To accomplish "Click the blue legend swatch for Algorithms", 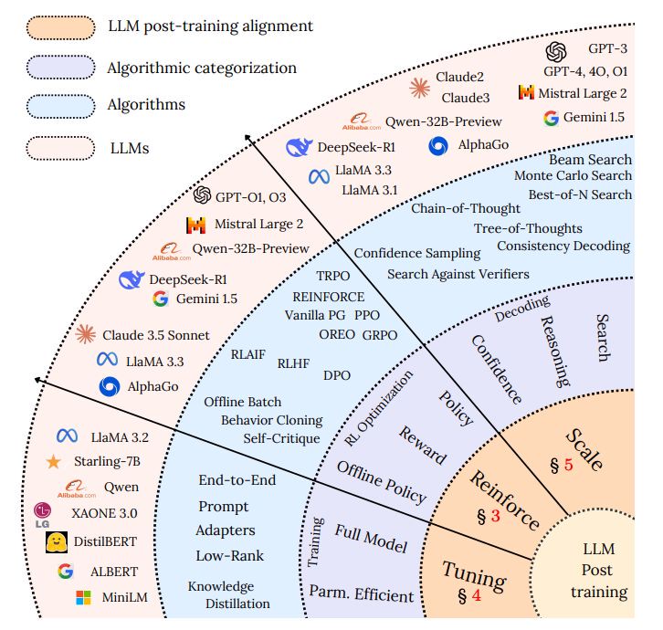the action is click(60, 106).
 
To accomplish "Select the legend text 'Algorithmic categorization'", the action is click(202, 68).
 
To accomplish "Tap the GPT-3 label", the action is click(607, 48).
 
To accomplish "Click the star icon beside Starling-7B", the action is click(53, 462).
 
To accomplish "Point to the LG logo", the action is click(42, 515).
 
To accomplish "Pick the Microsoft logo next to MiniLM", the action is click(83, 597).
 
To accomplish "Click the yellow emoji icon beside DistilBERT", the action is click(57, 542).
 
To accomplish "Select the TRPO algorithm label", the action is click(333, 276).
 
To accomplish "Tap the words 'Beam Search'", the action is click(590, 160).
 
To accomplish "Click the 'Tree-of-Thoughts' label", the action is click(528, 228).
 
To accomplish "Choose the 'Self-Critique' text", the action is click(281, 438).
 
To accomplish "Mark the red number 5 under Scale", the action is click(568, 464).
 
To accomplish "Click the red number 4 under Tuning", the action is click(477, 595).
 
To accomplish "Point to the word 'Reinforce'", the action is click(505, 499).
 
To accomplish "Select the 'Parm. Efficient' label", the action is click(361, 593).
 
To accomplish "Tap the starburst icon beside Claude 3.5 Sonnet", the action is click(86, 334).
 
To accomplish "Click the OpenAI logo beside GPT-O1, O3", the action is click(202, 194).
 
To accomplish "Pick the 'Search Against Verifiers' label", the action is click(458, 274).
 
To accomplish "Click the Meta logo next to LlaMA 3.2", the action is click(68, 436).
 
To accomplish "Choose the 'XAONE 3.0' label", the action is click(104, 513).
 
